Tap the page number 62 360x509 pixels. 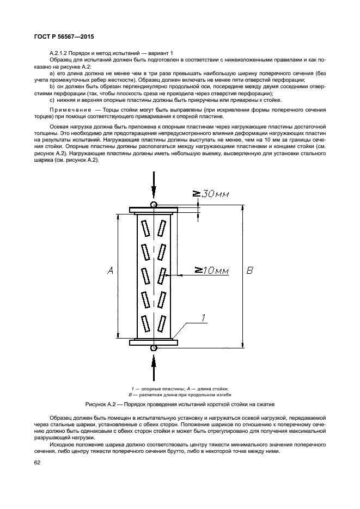(37, 463)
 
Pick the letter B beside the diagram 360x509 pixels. (250, 271)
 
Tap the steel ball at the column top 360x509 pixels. (154, 205)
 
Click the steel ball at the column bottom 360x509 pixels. (154, 347)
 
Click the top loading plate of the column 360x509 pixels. (154, 209)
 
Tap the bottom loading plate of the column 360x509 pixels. (154, 342)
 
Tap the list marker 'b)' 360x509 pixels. (52, 86)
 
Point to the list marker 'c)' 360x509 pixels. (52, 100)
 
